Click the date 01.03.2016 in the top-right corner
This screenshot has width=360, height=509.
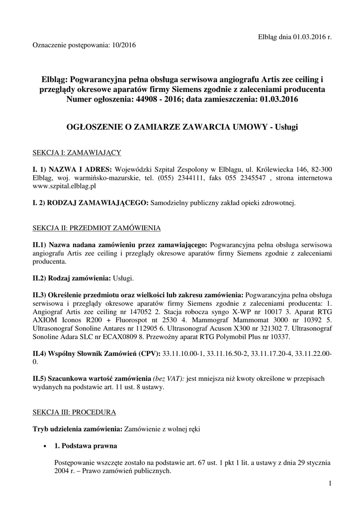coord(308,36)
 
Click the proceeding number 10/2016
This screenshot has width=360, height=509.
coord(123,45)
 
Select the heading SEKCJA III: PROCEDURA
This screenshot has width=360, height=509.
coord(74,413)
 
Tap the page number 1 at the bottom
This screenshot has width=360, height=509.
coord(330,483)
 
